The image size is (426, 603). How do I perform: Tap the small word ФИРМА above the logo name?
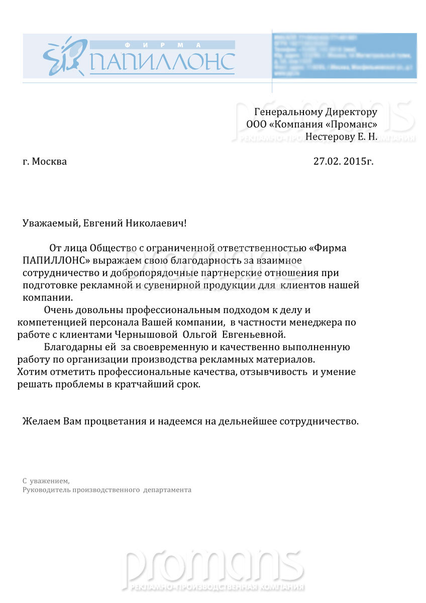pos(162,44)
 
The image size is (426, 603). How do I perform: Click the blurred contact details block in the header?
pos(344,55)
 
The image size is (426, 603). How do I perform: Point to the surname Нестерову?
pos(329,136)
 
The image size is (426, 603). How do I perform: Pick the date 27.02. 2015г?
pos(344,161)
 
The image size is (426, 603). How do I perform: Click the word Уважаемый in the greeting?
pos(50,223)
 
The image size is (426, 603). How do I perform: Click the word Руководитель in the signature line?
pos(47,489)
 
